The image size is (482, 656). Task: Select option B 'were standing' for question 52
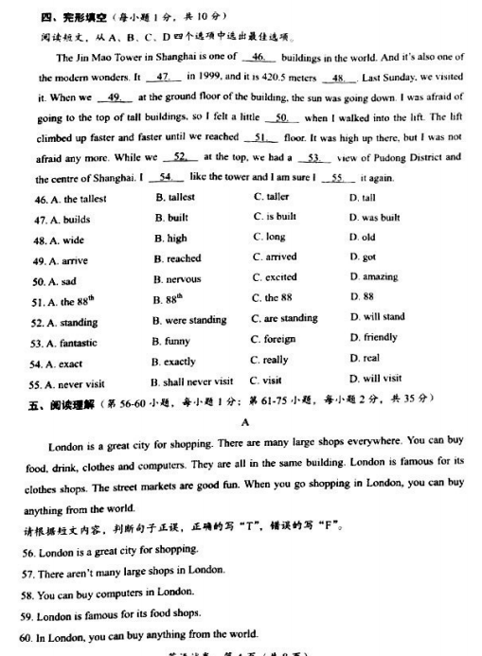(x=189, y=320)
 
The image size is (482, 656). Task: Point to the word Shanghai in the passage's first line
(x=166, y=57)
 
